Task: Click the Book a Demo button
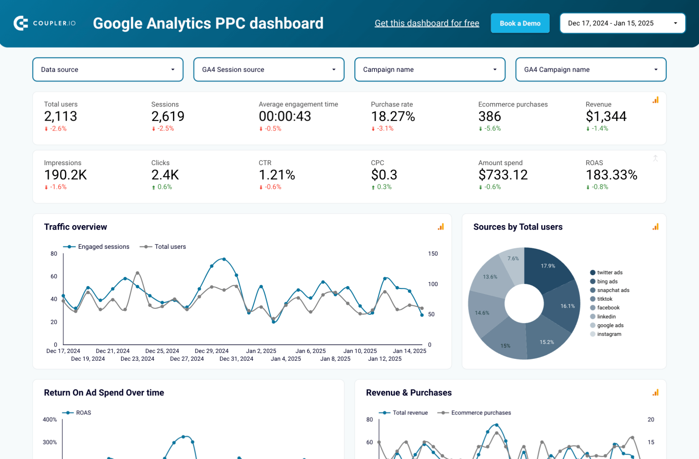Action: pyautogui.click(x=520, y=23)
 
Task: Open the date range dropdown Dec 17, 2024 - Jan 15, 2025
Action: pyautogui.click(x=622, y=23)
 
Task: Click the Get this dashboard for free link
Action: pyautogui.click(x=426, y=23)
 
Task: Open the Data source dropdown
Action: pyautogui.click(x=108, y=70)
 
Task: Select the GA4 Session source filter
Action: pyautogui.click(x=268, y=70)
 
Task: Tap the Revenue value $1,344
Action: pyautogui.click(x=606, y=116)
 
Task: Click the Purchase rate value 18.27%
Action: pyautogui.click(x=393, y=116)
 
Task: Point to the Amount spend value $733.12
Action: pyautogui.click(x=502, y=175)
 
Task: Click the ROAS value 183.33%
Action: pyautogui.click(x=611, y=175)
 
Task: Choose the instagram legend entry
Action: pyautogui.click(x=609, y=334)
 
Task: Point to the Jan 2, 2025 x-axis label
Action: pyautogui.click(x=261, y=351)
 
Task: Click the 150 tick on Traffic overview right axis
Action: pyautogui.click(x=433, y=254)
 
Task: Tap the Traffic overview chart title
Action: pyautogui.click(x=76, y=227)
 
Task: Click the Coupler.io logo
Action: pyautogui.click(x=45, y=23)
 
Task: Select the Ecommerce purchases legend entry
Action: pyautogui.click(x=481, y=413)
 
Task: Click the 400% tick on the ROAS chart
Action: pyautogui.click(x=50, y=419)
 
